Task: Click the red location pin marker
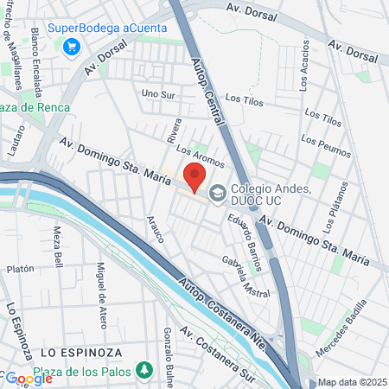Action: [194, 178]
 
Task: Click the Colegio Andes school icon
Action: [216, 192]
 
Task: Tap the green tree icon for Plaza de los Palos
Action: [145, 372]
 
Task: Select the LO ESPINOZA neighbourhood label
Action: [77, 354]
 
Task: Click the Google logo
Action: [29, 378]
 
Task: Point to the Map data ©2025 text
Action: [349, 382]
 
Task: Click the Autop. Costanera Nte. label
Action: [220, 307]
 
